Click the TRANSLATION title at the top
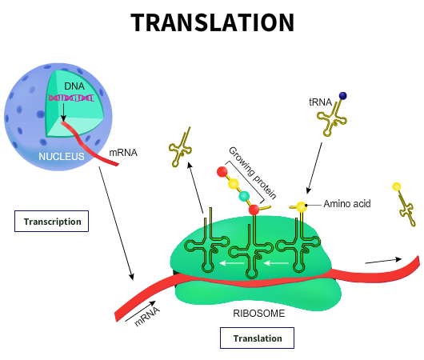213,22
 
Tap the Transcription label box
52,222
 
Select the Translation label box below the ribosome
257,338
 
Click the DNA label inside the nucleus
74,86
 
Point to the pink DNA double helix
71,98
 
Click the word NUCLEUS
62,157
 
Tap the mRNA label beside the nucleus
123,153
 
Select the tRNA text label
321,102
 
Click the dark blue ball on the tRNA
343,96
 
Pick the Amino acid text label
347,204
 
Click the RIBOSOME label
258,314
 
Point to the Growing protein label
252,173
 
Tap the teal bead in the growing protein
244,196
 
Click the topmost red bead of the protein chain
222,172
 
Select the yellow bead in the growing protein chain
233,184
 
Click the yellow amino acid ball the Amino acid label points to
302,207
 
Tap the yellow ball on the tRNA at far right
397,186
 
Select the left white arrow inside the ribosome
232,263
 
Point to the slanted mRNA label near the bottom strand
147,317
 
